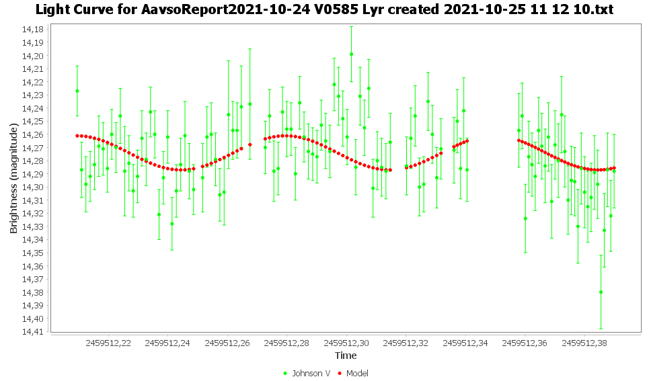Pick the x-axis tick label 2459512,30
pyautogui.click(x=346, y=343)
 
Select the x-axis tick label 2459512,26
pyautogui.click(x=227, y=343)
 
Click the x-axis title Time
pyautogui.click(x=346, y=355)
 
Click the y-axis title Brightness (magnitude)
pyautogui.click(x=13, y=179)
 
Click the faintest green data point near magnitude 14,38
pyautogui.click(x=601, y=292)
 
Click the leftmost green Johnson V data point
pyautogui.click(x=77, y=91)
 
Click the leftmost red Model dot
pyautogui.click(x=77, y=136)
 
